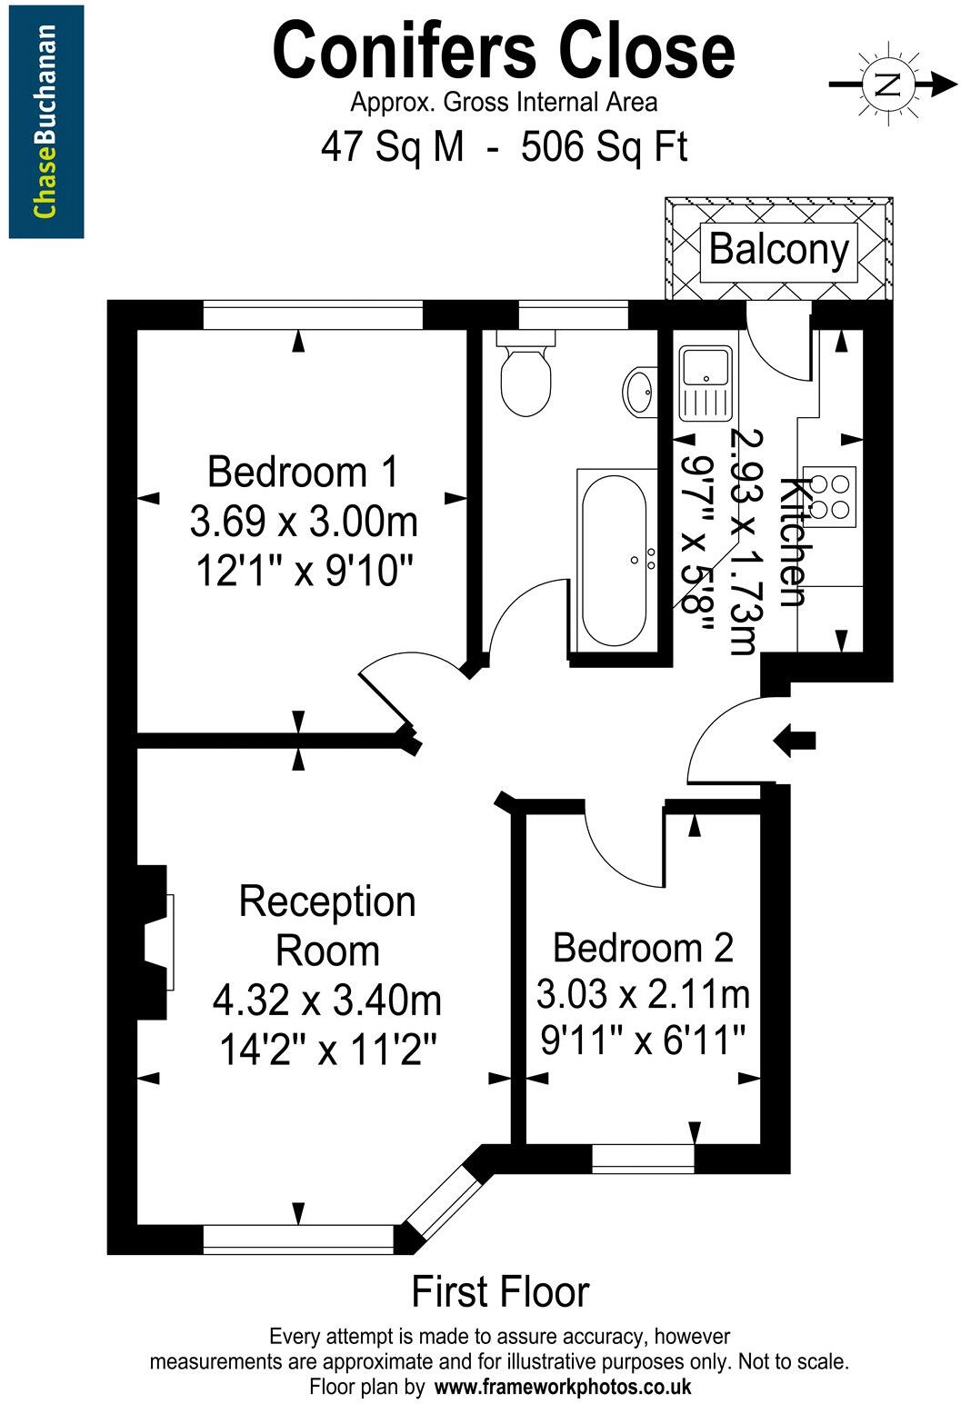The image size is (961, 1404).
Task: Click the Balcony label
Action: point(778,248)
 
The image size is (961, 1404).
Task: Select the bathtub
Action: point(614,561)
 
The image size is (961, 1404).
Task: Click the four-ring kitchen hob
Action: point(831,497)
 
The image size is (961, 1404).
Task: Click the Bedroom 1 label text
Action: point(303,473)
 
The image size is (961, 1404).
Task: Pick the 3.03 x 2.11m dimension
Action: point(643,994)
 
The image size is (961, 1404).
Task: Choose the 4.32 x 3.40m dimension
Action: point(327,1001)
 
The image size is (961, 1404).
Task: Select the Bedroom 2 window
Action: point(643,1159)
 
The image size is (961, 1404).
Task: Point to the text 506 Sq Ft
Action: point(604,146)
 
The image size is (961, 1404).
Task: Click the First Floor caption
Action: point(500,1292)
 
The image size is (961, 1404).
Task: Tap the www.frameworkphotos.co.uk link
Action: point(563,1387)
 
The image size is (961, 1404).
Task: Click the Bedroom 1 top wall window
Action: point(313,314)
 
